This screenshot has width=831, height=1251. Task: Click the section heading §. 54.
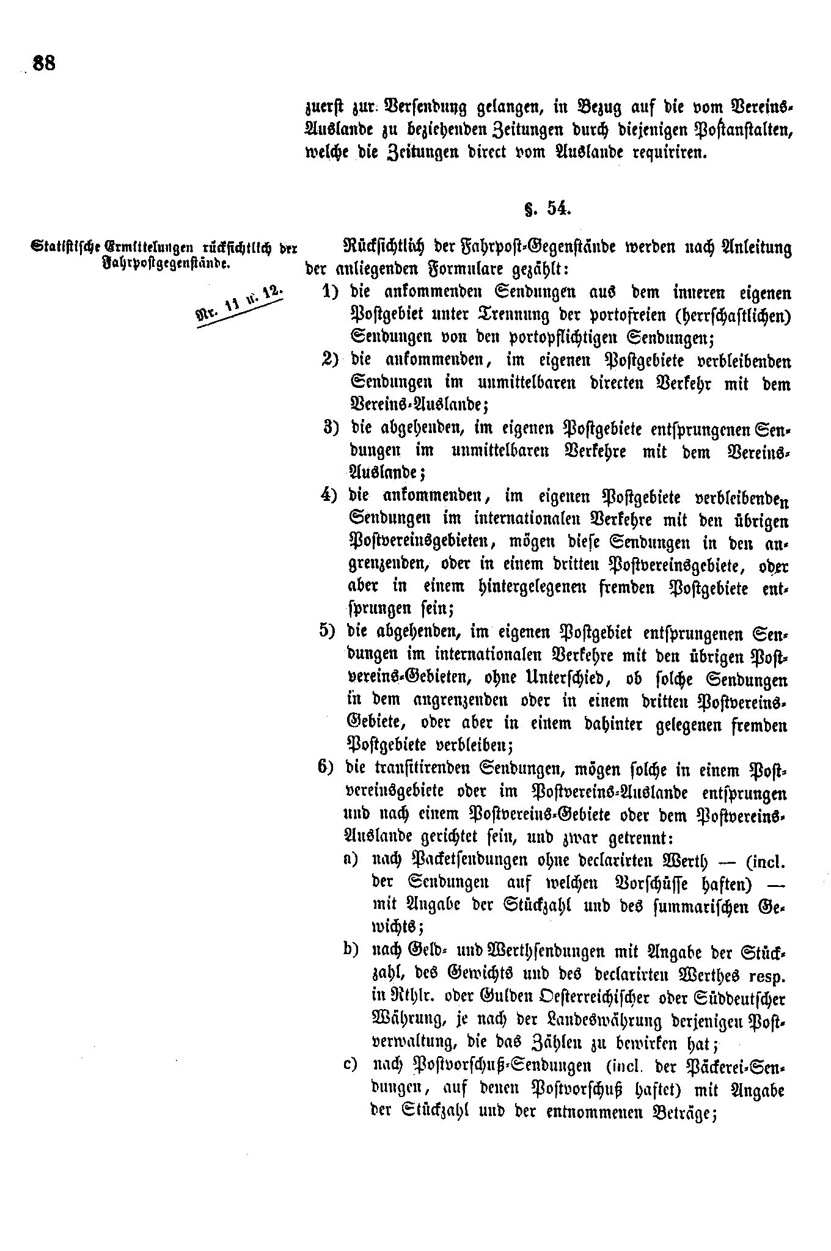[547, 209]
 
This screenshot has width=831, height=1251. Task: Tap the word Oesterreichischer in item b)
[538, 998]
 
